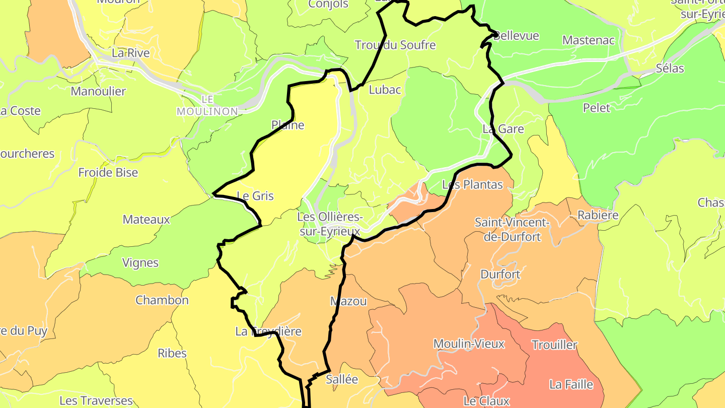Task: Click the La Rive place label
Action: pyautogui.click(x=131, y=53)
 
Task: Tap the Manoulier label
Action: pyautogui.click(x=98, y=92)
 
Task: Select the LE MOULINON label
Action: pyautogui.click(x=207, y=106)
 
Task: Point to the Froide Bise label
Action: pyautogui.click(x=108, y=173)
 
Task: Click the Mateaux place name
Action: pyautogui.click(x=147, y=220)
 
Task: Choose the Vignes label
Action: pyautogui.click(x=140, y=263)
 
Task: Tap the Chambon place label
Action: pyautogui.click(x=162, y=300)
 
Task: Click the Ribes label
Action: pyautogui.click(x=172, y=353)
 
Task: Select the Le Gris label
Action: pyautogui.click(x=255, y=196)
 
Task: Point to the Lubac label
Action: pyautogui.click(x=385, y=90)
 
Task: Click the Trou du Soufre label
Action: pyautogui.click(x=395, y=45)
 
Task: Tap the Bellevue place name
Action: pyautogui.click(x=517, y=36)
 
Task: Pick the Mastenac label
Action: pyautogui.click(x=589, y=40)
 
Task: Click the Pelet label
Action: pyautogui.click(x=597, y=108)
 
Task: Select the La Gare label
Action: pyautogui.click(x=503, y=129)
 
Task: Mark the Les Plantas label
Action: pyautogui.click(x=472, y=185)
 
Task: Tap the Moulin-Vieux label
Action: pyautogui.click(x=469, y=344)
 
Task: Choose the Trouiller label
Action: pyautogui.click(x=555, y=345)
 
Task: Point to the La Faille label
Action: pyautogui.click(x=571, y=385)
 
